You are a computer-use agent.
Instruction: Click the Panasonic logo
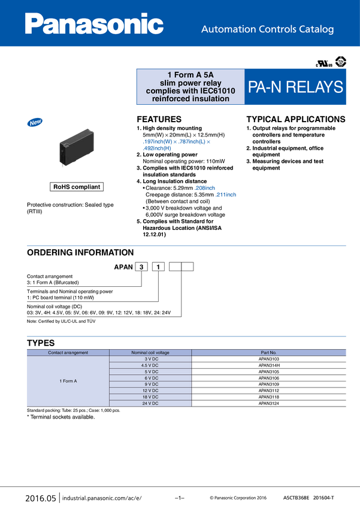coord(94,25)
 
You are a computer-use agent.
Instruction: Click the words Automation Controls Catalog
coord(267,29)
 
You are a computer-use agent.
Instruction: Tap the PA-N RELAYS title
coord(296,87)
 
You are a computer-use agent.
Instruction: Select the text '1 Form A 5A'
coord(190,74)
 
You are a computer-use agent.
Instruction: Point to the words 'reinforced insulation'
coord(191,99)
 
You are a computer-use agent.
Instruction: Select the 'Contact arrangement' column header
coord(68,353)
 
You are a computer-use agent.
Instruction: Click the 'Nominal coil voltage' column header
coord(150,353)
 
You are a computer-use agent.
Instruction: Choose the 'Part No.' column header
coord(268,353)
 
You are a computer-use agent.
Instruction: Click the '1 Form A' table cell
coord(68,381)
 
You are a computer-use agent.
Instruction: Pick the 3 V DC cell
coord(150,359)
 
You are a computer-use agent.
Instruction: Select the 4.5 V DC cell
coord(150,365)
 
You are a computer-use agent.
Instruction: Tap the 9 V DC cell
coord(150,384)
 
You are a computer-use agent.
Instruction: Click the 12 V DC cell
coord(150,390)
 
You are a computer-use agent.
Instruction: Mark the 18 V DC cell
coord(150,397)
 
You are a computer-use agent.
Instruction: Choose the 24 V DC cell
coord(150,404)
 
